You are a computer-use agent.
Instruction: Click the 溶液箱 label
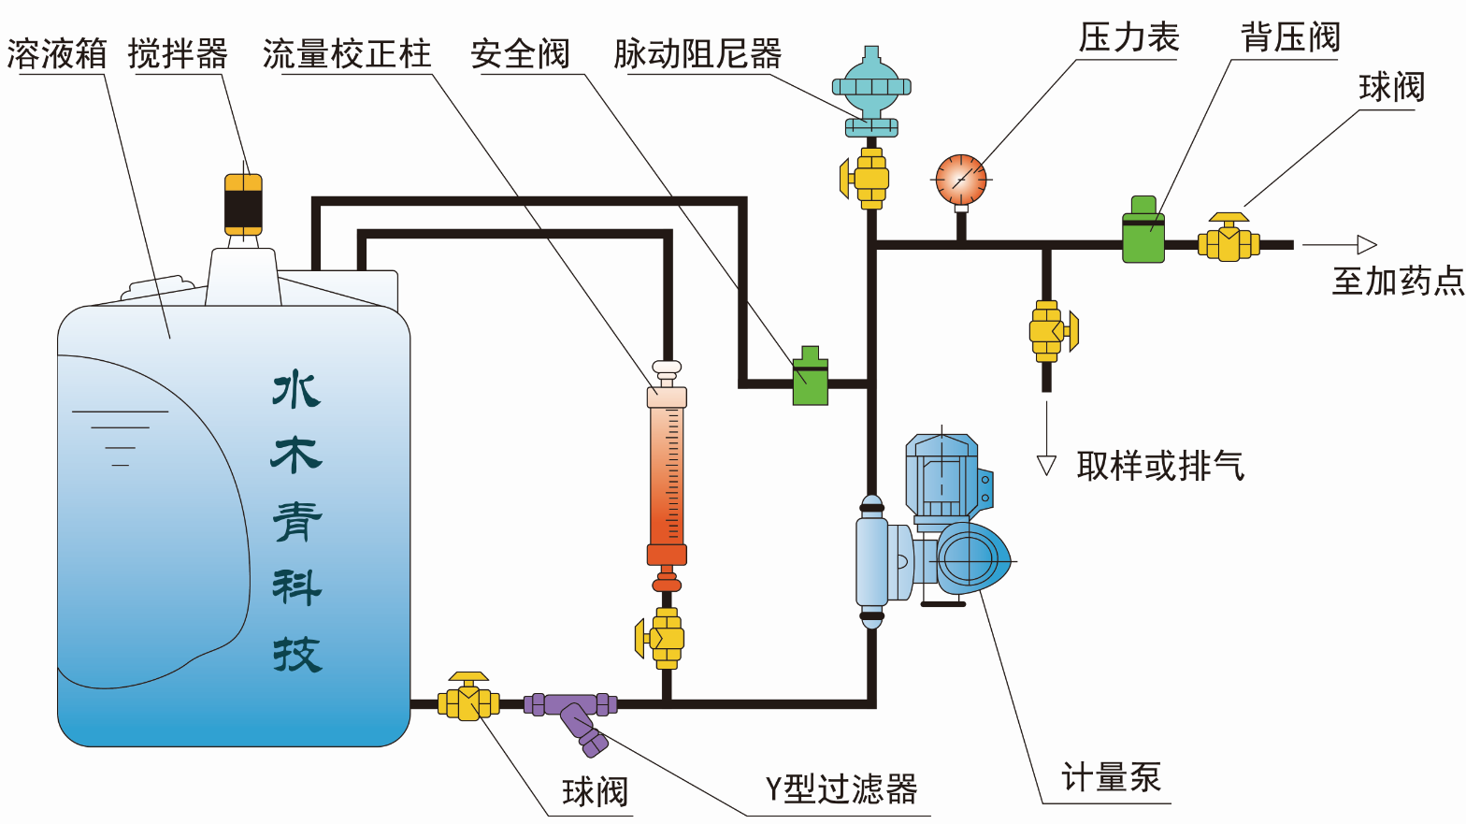point(57,54)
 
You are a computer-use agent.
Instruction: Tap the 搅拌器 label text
point(178,54)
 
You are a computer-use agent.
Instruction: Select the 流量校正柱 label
point(347,54)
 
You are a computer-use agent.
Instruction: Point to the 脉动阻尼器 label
point(697,54)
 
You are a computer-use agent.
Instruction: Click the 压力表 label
point(1128,38)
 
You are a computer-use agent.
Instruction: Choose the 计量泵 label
point(1111,777)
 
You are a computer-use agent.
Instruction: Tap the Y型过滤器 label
point(841,789)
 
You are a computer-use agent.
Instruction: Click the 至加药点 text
point(1398,281)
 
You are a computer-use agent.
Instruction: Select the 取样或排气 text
point(1160,465)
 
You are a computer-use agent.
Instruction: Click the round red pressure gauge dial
point(961,180)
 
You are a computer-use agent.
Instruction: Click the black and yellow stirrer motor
point(243,204)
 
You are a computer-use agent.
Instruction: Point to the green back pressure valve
point(1143,230)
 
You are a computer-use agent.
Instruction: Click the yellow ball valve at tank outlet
point(468,700)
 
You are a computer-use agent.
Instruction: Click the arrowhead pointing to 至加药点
point(1367,245)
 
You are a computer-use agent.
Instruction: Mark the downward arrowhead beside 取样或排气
point(1046,466)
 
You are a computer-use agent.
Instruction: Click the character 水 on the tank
point(296,390)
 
